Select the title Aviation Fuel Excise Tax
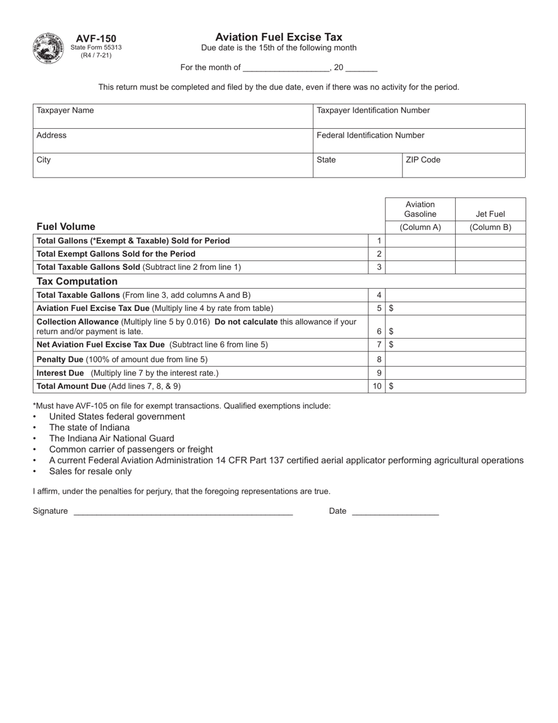pos(278,37)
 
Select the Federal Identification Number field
pos(419,141)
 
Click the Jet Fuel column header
pos(490,215)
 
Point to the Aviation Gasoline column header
pos(420,209)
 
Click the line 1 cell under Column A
pos(420,240)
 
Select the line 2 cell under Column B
pos(490,254)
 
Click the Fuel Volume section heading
pos(66,227)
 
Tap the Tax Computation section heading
pos(77,282)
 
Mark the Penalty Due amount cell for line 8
pos(455,359)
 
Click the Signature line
pos(182,511)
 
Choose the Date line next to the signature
pos(395,511)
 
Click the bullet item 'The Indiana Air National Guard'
pos(112,439)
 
